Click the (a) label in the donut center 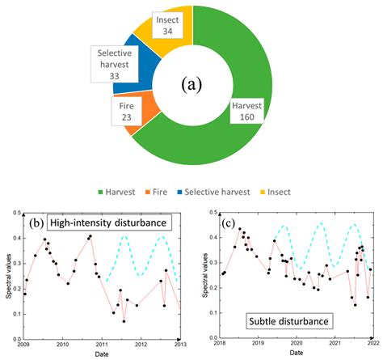pos(191,83)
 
